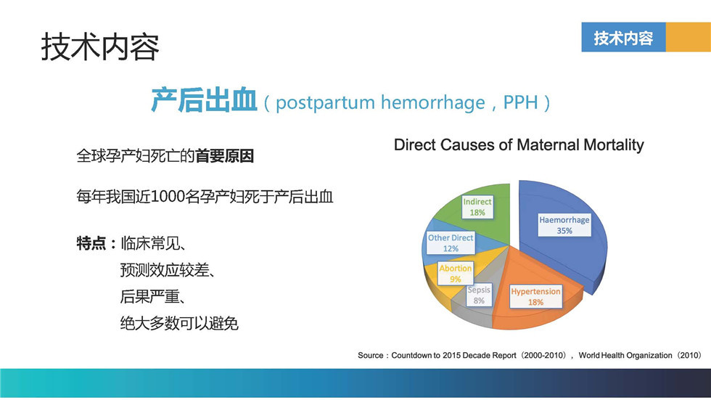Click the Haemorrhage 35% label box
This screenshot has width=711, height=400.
564,225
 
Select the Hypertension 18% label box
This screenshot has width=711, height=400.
535,297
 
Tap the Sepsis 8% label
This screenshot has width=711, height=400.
479,295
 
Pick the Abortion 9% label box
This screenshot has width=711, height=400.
456,274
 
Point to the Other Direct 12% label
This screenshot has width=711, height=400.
451,243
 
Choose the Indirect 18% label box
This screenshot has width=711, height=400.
477,207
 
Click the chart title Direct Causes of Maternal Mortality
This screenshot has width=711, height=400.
519,144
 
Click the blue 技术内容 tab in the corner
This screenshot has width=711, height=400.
623,37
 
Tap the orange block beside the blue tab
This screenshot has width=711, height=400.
689,37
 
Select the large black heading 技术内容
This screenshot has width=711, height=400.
100,46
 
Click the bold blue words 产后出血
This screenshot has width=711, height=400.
204,100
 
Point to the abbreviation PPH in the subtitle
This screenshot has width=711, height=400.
521,102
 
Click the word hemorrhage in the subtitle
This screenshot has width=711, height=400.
432,103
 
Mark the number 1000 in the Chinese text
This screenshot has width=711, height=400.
168,197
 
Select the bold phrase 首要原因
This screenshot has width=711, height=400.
224,156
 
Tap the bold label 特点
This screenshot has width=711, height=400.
91,243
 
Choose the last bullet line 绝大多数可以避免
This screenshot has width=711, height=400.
179,323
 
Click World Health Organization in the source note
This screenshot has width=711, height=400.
625,355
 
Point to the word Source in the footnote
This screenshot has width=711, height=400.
371,355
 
